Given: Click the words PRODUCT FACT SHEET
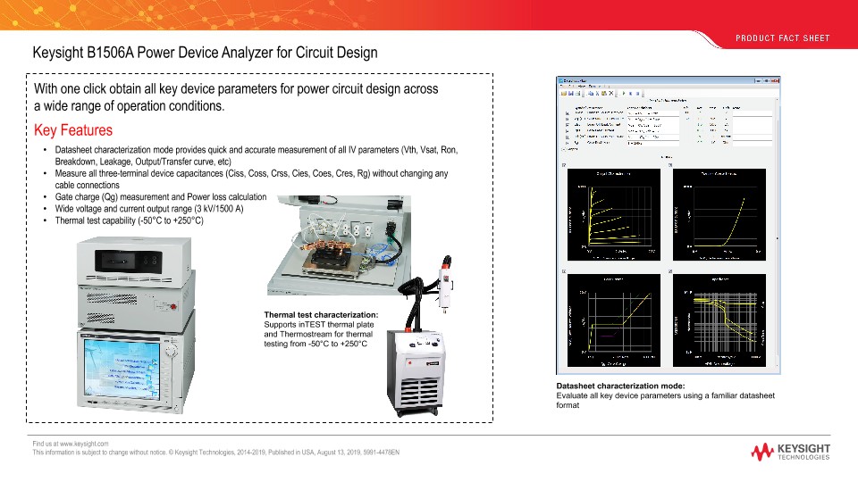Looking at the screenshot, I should pyautogui.click(x=783, y=38).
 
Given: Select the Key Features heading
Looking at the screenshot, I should pyautogui.click(x=72, y=130).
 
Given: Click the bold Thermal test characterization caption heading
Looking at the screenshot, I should pyautogui.click(x=321, y=314).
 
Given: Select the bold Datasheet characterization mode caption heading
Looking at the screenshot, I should pyautogui.click(x=620, y=386).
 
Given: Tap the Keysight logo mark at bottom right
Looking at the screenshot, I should pyautogui.click(x=763, y=451).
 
